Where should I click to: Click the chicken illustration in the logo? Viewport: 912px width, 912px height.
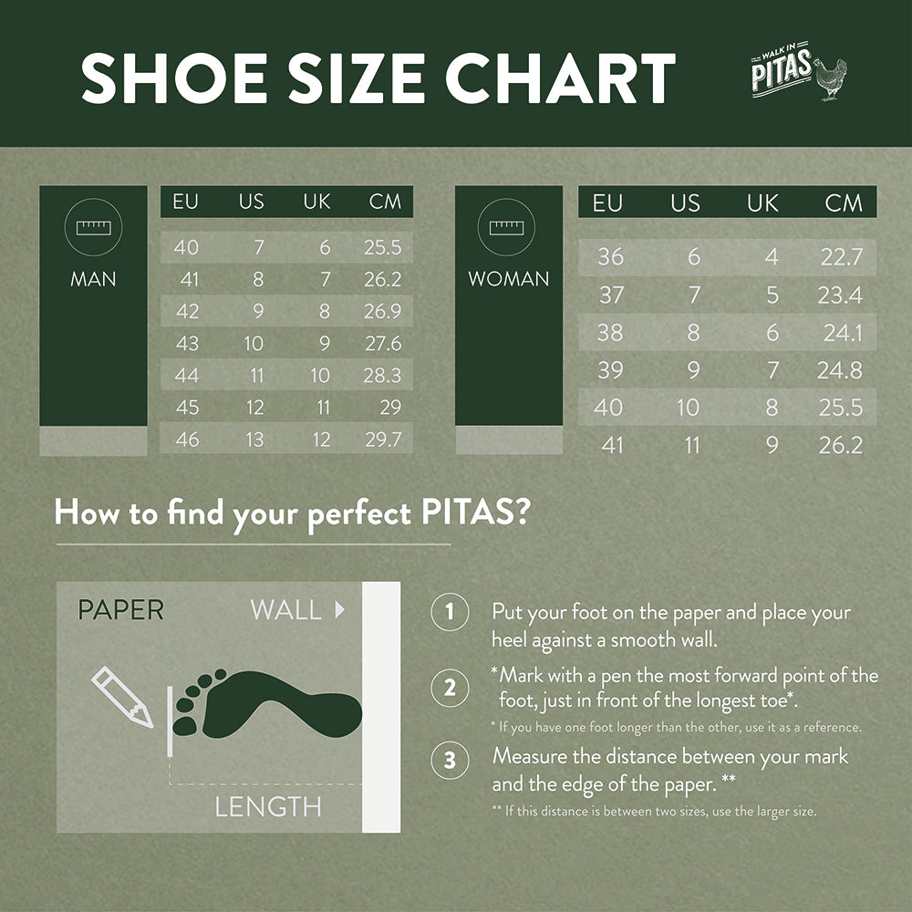[x=829, y=78]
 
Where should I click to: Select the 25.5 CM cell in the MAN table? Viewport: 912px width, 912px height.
[x=382, y=247]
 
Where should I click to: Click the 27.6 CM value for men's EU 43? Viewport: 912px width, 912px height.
[x=382, y=343]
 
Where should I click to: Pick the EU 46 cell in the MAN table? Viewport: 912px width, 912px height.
[x=187, y=439]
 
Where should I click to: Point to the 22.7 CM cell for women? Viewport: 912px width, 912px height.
[x=841, y=257]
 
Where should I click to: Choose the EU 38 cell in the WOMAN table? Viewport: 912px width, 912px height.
[x=610, y=333]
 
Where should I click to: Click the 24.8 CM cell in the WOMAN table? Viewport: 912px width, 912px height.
[x=840, y=370]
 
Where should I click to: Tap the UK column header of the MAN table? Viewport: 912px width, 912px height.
[x=316, y=202]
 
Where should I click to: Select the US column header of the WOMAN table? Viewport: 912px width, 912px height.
[x=685, y=202]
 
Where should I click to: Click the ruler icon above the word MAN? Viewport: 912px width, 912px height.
[x=93, y=228]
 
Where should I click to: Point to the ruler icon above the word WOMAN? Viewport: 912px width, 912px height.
[x=508, y=228]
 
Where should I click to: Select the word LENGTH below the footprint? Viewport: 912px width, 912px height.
[x=268, y=806]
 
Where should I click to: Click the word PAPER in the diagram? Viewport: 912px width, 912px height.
[x=120, y=610]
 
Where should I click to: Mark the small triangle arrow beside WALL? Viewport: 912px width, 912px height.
[x=340, y=610]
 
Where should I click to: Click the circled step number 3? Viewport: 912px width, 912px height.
[x=450, y=761]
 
